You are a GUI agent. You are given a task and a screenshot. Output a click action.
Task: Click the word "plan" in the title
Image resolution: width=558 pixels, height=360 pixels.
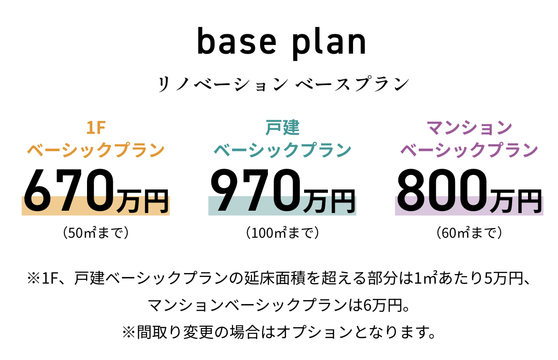pyautogui.click(x=329, y=43)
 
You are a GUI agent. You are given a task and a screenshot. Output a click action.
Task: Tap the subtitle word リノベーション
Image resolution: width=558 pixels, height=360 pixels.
pyautogui.click(x=223, y=84)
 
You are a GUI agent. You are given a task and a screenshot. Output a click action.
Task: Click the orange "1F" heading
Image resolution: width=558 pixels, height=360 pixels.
pyautogui.click(x=96, y=128)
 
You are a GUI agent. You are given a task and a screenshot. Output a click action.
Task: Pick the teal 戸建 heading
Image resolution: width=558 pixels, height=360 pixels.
pyautogui.click(x=282, y=128)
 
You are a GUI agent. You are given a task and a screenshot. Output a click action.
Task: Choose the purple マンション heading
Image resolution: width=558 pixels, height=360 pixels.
pyautogui.click(x=470, y=128)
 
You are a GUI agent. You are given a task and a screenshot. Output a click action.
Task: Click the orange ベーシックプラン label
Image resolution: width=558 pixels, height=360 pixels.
pyautogui.click(x=96, y=150)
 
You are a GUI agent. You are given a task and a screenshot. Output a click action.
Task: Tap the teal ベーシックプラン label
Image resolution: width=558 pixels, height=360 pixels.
pyautogui.click(x=282, y=150)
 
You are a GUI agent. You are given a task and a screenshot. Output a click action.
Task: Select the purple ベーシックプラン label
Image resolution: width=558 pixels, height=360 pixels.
pyautogui.click(x=470, y=150)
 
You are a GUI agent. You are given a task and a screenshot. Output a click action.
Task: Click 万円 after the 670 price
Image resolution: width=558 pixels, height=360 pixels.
pyautogui.click(x=142, y=201)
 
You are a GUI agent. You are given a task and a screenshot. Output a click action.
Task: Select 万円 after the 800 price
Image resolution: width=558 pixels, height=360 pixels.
pyautogui.click(x=516, y=201)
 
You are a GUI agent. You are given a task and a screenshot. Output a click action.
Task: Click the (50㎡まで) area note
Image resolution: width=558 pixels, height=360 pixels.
pyautogui.click(x=96, y=232)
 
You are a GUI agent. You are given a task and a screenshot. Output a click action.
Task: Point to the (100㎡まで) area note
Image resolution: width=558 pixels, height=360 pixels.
pyautogui.click(x=282, y=232)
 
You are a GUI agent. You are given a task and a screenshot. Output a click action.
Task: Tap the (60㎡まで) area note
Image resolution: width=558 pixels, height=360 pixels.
pyautogui.click(x=470, y=232)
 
